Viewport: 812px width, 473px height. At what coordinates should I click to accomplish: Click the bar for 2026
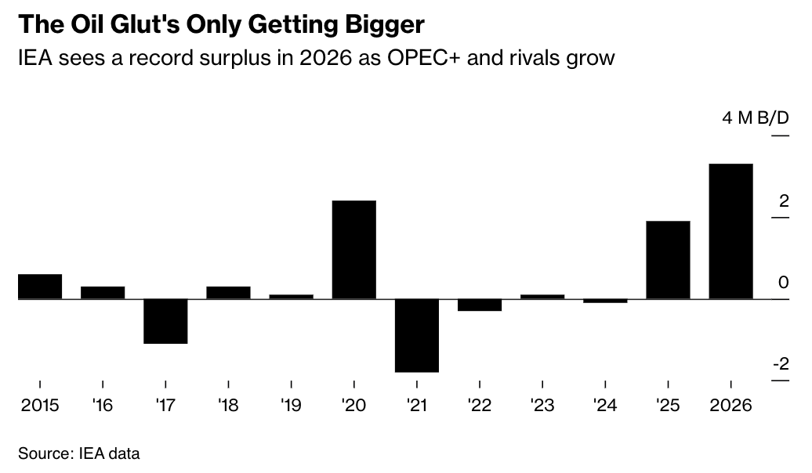pyautogui.click(x=730, y=231)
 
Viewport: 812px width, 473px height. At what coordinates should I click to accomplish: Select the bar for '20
pyautogui.click(x=354, y=250)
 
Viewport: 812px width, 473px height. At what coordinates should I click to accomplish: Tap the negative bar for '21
pyautogui.click(x=417, y=335)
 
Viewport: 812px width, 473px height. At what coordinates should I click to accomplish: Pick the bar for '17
pyautogui.click(x=166, y=321)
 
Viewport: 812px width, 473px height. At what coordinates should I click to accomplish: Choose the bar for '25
pyautogui.click(x=668, y=260)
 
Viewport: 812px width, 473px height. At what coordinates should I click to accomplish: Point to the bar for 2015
pyautogui.click(x=40, y=287)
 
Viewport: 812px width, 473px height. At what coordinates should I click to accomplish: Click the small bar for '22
pyautogui.click(x=480, y=305)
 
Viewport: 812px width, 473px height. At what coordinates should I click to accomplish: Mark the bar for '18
pyautogui.click(x=228, y=293)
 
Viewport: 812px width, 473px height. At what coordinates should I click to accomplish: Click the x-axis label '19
pyautogui.click(x=291, y=406)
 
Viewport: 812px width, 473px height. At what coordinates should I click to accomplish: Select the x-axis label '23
pyautogui.click(x=542, y=406)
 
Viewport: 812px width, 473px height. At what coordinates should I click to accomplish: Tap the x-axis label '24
pyautogui.click(x=604, y=406)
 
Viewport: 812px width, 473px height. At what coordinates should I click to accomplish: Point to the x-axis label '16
pyautogui.click(x=103, y=406)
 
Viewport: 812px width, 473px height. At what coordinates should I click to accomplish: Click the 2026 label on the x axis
pyautogui.click(x=730, y=406)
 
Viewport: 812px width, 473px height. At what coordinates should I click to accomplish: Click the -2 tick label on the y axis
pyautogui.click(x=780, y=364)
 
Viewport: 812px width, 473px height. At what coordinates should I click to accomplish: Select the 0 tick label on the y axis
pyautogui.click(x=784, y=283)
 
